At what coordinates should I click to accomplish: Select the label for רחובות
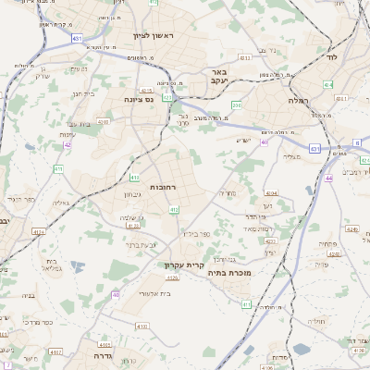[x=162, y=187]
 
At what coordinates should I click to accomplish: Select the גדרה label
[x=102, y=354]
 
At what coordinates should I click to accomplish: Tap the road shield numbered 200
[x=236, y=105]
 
